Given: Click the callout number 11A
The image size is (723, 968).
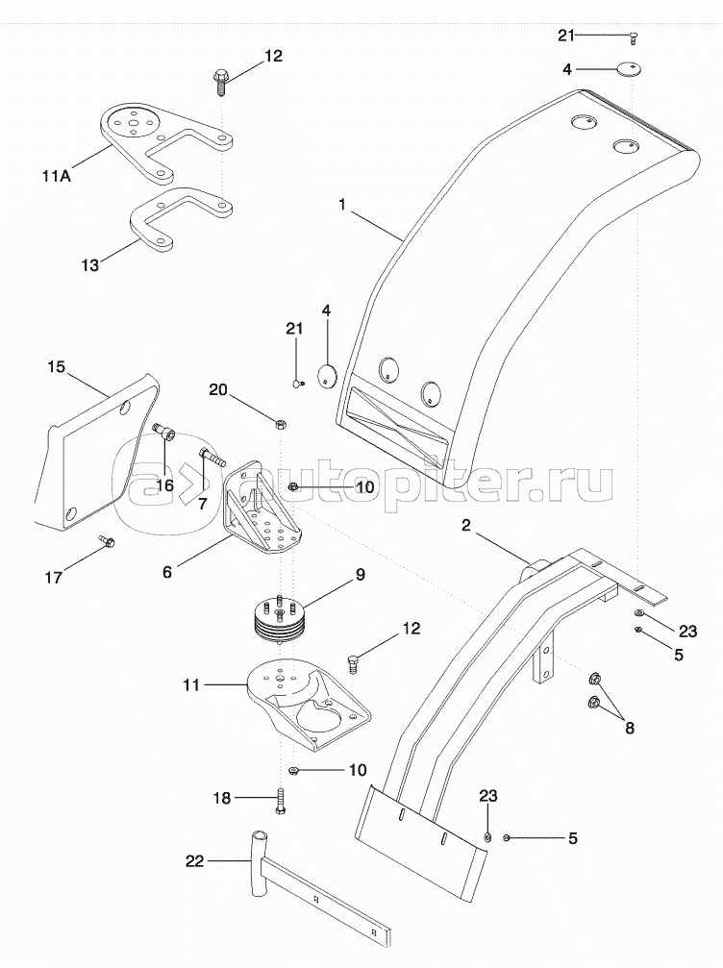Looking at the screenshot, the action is (x=56, y=176).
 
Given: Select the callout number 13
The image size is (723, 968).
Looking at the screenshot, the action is (x=90, y=265).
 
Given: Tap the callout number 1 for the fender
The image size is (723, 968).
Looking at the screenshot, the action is (x=342, y=205).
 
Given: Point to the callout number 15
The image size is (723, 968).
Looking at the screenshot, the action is (x=56, y=366).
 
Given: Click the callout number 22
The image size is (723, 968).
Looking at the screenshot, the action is (x=195, y=860).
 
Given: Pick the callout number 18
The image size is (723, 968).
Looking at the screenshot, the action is (x=222, y=798).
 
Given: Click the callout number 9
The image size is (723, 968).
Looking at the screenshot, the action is (x=359, y=574).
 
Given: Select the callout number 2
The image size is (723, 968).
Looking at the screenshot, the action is (x=466, y=526).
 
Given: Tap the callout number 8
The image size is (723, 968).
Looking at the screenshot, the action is (x=630, y=728).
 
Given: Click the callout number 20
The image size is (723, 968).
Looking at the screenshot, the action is (x=218, y=389).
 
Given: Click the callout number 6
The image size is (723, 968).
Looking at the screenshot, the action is (x=167, y=572).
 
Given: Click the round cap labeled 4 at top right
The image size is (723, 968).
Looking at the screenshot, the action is (x=629, y=68).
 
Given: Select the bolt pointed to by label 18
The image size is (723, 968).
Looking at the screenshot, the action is (x=282, y=800).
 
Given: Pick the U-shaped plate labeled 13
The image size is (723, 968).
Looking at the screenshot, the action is (x=181, y=218).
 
